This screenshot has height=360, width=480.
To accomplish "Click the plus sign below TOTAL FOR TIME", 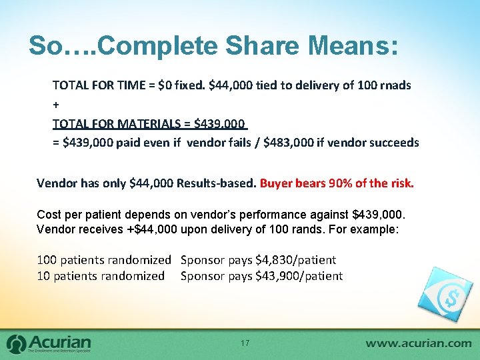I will [55, 105].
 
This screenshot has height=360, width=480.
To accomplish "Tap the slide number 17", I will [245, 343].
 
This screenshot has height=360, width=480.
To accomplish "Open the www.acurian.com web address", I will [418, 343].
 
